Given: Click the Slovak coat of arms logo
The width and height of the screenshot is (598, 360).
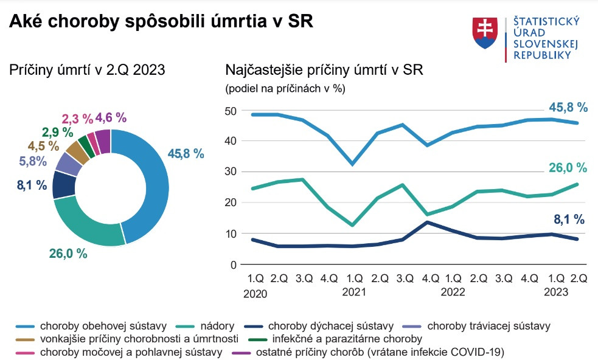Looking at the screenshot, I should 485,33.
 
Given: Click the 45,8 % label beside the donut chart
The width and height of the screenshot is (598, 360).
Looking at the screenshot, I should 186,154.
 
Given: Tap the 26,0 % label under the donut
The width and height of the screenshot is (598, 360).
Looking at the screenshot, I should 69,254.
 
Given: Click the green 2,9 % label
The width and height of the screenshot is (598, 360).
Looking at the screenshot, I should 57,133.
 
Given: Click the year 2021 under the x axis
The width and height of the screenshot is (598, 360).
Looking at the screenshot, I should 354,292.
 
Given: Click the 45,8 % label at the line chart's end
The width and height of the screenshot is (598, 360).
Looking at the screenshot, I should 568,108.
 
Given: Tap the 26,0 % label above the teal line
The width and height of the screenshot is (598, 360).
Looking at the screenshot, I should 568,168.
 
